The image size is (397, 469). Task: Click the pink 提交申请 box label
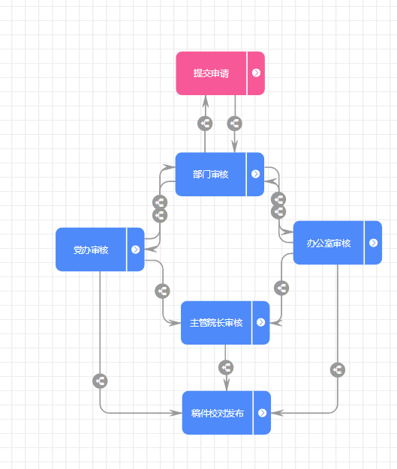coord(211,73)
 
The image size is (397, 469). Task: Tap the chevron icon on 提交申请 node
coord(256,73)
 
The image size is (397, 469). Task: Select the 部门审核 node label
coord(211,175)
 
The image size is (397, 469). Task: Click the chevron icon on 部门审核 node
coord(256,174)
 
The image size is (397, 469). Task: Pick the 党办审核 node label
coord(91,249)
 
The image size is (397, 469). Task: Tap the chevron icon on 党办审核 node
coord(135,249)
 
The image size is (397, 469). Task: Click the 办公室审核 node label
coord(329,243)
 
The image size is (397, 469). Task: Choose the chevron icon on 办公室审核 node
coord(373,243)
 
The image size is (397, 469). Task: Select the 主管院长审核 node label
coord(216,323)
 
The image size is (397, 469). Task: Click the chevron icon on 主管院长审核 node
coord(261,322)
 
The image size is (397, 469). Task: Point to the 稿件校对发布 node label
coord(217,414)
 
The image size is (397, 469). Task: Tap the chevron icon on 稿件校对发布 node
coord(262,413)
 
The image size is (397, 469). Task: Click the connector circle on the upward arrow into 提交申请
coord(205,123)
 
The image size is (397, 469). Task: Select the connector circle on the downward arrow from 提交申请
coord(235,123)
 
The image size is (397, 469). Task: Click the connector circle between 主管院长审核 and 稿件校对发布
coord(226,367)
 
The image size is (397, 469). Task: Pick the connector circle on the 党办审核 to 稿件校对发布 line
coord(100,381)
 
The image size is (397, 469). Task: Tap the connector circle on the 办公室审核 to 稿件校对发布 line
coord(338,370)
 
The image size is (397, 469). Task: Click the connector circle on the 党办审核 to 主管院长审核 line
coord(162,291)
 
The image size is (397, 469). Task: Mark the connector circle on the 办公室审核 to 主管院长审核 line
coord(281,288)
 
